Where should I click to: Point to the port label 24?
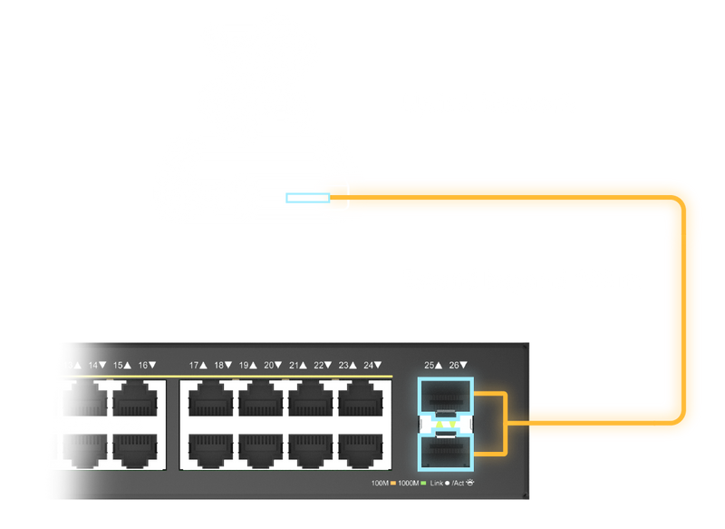370,365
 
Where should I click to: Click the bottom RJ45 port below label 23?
360,448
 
